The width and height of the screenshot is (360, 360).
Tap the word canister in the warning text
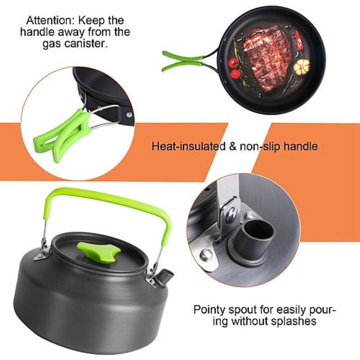pyautogui.click(x=88, y=45)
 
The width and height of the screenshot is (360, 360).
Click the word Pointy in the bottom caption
pyautogui.click(x=209, y=310)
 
